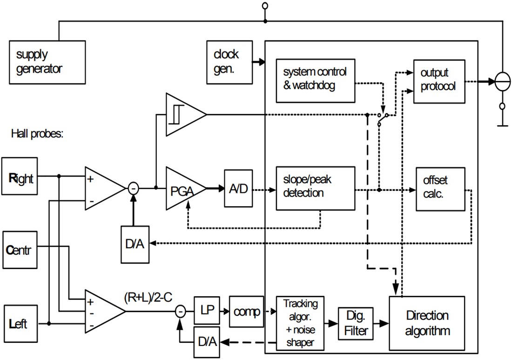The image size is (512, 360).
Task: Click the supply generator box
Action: pos(47,62)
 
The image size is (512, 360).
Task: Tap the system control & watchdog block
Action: pos(315,81)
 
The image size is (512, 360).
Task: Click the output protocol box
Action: pos(439,81)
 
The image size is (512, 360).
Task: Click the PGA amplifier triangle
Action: pos(183,188)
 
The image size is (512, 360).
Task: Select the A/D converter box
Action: pos(238,189)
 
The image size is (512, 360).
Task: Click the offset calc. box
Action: pos(439,188)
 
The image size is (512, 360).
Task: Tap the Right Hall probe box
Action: pos(20,176)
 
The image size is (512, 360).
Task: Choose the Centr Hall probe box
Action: pos(20,249)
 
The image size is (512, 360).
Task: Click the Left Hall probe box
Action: pos(20,323)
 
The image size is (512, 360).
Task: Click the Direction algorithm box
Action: pos(427,323)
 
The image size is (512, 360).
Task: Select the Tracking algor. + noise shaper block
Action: pos(300,323)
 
